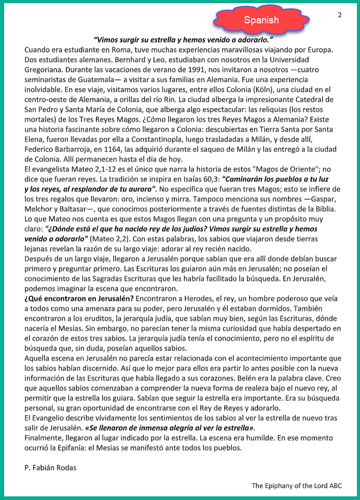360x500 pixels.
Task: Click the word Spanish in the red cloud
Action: click(x=261, y=20)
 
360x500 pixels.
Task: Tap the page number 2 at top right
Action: click(x=340, y=15)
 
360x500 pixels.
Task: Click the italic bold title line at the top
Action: click(x=184, y=39)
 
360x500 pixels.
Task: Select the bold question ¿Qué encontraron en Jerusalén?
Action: click(x=79, y=299)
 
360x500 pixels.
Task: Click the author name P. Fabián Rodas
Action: click(x=50, y=468)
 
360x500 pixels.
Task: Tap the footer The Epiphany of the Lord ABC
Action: click(x=297, y=485)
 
